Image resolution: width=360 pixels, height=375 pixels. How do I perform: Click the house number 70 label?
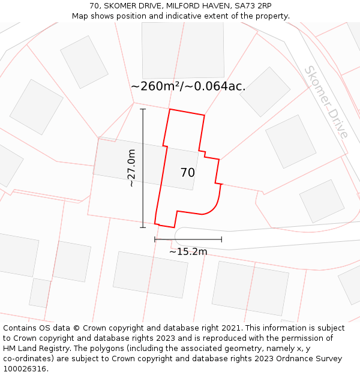click(x=187, y=173)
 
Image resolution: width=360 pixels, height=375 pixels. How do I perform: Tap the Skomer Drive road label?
click(x=326, y=102)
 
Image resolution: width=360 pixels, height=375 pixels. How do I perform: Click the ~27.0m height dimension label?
click(x=131, y=168)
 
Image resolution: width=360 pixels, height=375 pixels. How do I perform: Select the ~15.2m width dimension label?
click(x=188, y=251)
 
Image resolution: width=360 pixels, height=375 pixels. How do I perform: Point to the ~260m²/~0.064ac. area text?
click(x=188, y=86)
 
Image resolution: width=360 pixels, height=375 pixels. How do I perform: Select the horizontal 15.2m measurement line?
click(x=188, y=239)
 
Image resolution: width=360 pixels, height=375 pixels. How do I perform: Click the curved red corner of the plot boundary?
click(x=214, y=205)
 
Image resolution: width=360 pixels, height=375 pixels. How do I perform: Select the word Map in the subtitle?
click(x=81, y=16)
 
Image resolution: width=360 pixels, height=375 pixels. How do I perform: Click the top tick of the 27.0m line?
click(x=143, y=109)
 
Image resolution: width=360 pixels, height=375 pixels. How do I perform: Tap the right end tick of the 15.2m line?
click(x=221, y=239)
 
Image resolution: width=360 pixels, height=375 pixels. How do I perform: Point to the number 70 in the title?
click(x=95, y=5)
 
